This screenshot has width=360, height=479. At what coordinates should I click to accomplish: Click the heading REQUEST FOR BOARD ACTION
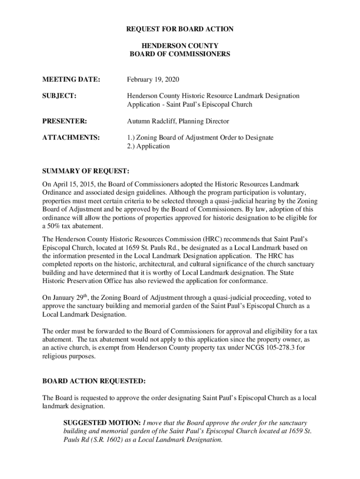(180, 29)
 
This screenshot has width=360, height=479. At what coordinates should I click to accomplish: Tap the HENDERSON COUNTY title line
(180, 46)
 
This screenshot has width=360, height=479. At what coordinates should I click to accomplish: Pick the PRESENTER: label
(64, 121)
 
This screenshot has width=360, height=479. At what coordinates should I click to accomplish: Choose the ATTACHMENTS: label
(71, 138)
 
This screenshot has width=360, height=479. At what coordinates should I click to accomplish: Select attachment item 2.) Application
(148, 146)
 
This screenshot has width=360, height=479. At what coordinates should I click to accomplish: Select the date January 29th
(69, 298)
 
